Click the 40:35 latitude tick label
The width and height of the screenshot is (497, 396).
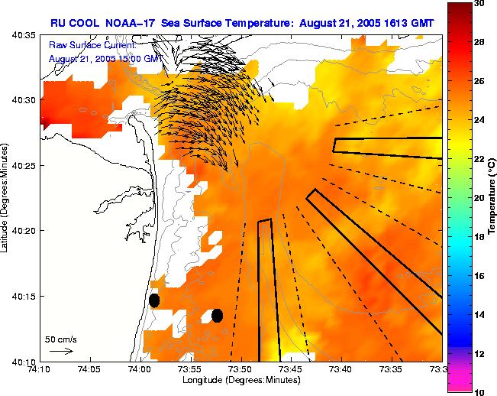[x=24, y=35]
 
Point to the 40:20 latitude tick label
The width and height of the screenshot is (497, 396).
[x=24, y=231]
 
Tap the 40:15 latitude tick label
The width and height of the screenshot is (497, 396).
[x=24, y=296]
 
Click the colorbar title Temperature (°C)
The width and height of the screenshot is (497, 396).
[x=493, y=198]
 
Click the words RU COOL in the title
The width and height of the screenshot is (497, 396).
[x=71, y=24]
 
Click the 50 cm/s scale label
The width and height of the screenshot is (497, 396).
[x=60, y=338]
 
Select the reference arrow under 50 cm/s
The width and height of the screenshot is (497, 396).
[x=61, y=351]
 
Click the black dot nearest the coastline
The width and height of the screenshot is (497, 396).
[x=154, y=300]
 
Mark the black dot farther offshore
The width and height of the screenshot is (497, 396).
[x=217, y=315]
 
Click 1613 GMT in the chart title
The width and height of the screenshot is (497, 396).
[x=408, y=24]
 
